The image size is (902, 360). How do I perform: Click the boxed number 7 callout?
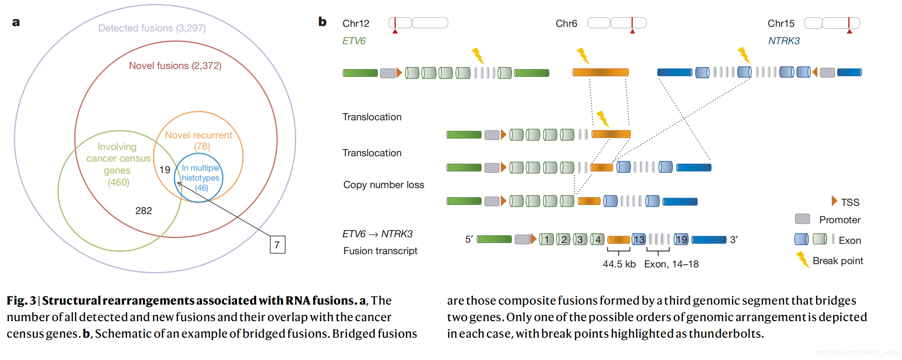277,245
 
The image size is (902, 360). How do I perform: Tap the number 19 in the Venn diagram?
164,170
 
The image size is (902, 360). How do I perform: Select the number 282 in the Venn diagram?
143,211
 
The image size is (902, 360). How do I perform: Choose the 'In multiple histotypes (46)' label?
200,178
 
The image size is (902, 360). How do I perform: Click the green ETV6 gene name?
354,41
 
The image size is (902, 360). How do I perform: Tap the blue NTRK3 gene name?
783,41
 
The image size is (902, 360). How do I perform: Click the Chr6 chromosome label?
566,24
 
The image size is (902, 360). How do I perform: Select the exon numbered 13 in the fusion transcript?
639,239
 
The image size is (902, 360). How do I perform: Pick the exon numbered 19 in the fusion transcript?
681,239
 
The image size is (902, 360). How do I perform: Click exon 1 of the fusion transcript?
546,239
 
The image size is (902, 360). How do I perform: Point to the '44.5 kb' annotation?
619,264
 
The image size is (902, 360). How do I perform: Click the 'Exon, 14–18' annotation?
671,264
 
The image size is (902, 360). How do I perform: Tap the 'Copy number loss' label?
383,185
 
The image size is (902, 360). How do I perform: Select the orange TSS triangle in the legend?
834,201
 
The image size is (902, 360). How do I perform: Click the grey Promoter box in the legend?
802,219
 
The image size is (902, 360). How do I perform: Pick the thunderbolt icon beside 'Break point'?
802,260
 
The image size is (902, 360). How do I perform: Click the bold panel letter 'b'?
322,21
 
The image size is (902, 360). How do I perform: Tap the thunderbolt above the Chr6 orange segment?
583,55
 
